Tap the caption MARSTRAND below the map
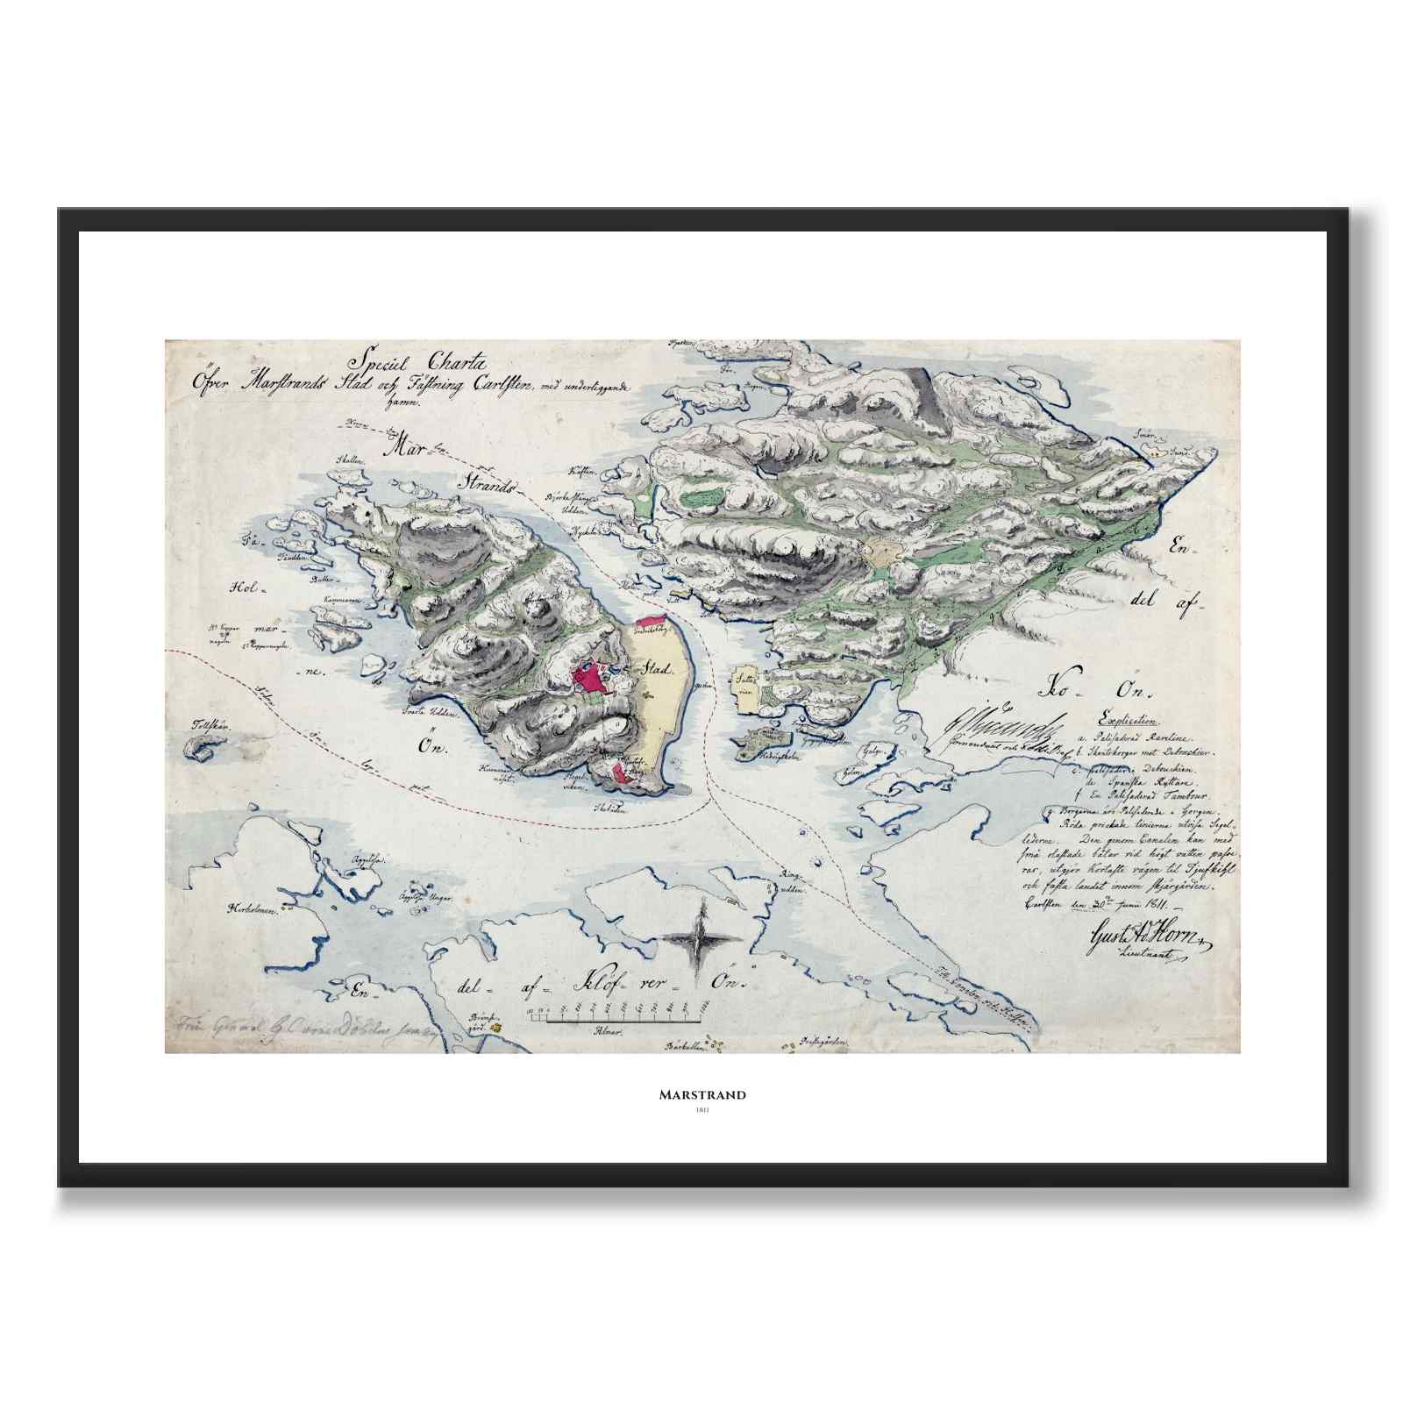point(702,1094)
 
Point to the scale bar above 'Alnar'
point(614,1020)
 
